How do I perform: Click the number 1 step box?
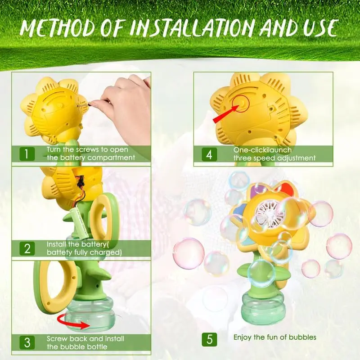26,154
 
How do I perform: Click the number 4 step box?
209,154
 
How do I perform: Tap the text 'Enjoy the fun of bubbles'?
274,337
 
